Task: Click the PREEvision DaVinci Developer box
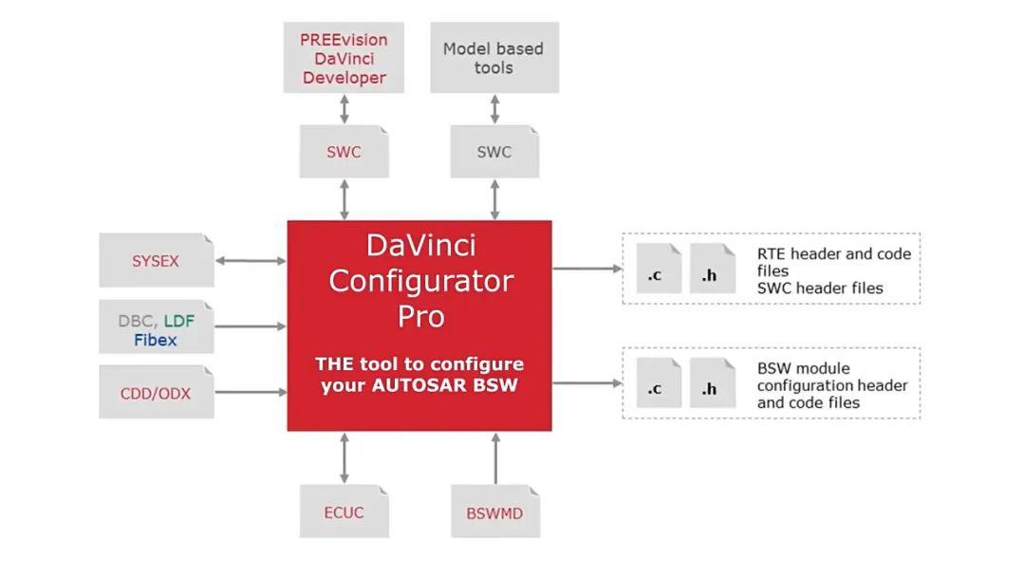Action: [344, 59]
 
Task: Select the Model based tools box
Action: [494, 59]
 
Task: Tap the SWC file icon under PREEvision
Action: [344, 152]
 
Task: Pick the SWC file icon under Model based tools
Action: [494, 152]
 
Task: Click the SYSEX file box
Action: [156, 260]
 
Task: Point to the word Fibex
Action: [155, 340]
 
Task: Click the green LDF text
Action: [178, 322]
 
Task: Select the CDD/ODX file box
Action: [156, 392]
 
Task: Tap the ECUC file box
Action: [344, 512]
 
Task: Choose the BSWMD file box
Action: [494, 513]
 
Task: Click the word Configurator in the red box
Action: [420, 281]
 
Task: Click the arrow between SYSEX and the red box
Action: [251, 260]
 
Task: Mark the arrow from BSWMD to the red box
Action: [495, 458]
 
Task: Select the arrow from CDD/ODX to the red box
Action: [251, 391]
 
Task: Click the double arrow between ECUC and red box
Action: [344, 458]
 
